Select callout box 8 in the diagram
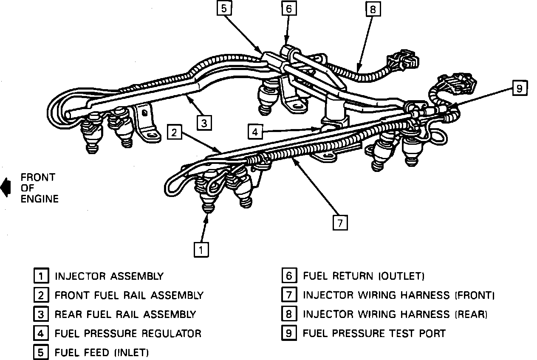[x=373, y=9]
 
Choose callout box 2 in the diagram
[x=173, y=132]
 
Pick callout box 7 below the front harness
[x=340, y=223]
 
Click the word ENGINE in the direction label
[x=40, y=198]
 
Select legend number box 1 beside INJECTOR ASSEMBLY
[x=41, y=276]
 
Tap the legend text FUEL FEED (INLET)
[x=102, y=352]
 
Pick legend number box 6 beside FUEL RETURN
[x=288, y=276]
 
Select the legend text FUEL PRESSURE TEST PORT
[x=374, y=333]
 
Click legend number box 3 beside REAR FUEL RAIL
[x=41, y=314]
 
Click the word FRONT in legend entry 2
[x=71, y=295]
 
